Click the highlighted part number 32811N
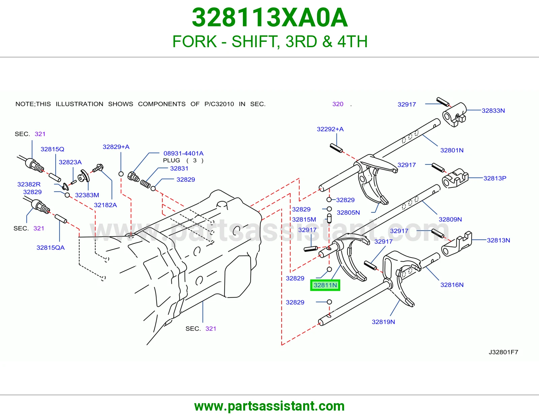325,285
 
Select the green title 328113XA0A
269,18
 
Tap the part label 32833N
493,111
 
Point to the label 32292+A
330,129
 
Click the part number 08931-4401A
183,153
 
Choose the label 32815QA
51,247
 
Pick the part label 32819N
383,322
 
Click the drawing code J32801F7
503,352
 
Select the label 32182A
105,205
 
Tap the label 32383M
87,195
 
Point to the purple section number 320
338,104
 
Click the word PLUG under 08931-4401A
171,160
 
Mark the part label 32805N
348,212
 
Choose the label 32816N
452,285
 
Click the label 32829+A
116,147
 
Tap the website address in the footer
269,406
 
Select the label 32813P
495,178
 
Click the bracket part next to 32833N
454,115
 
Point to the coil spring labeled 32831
145,184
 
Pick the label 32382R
29,184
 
